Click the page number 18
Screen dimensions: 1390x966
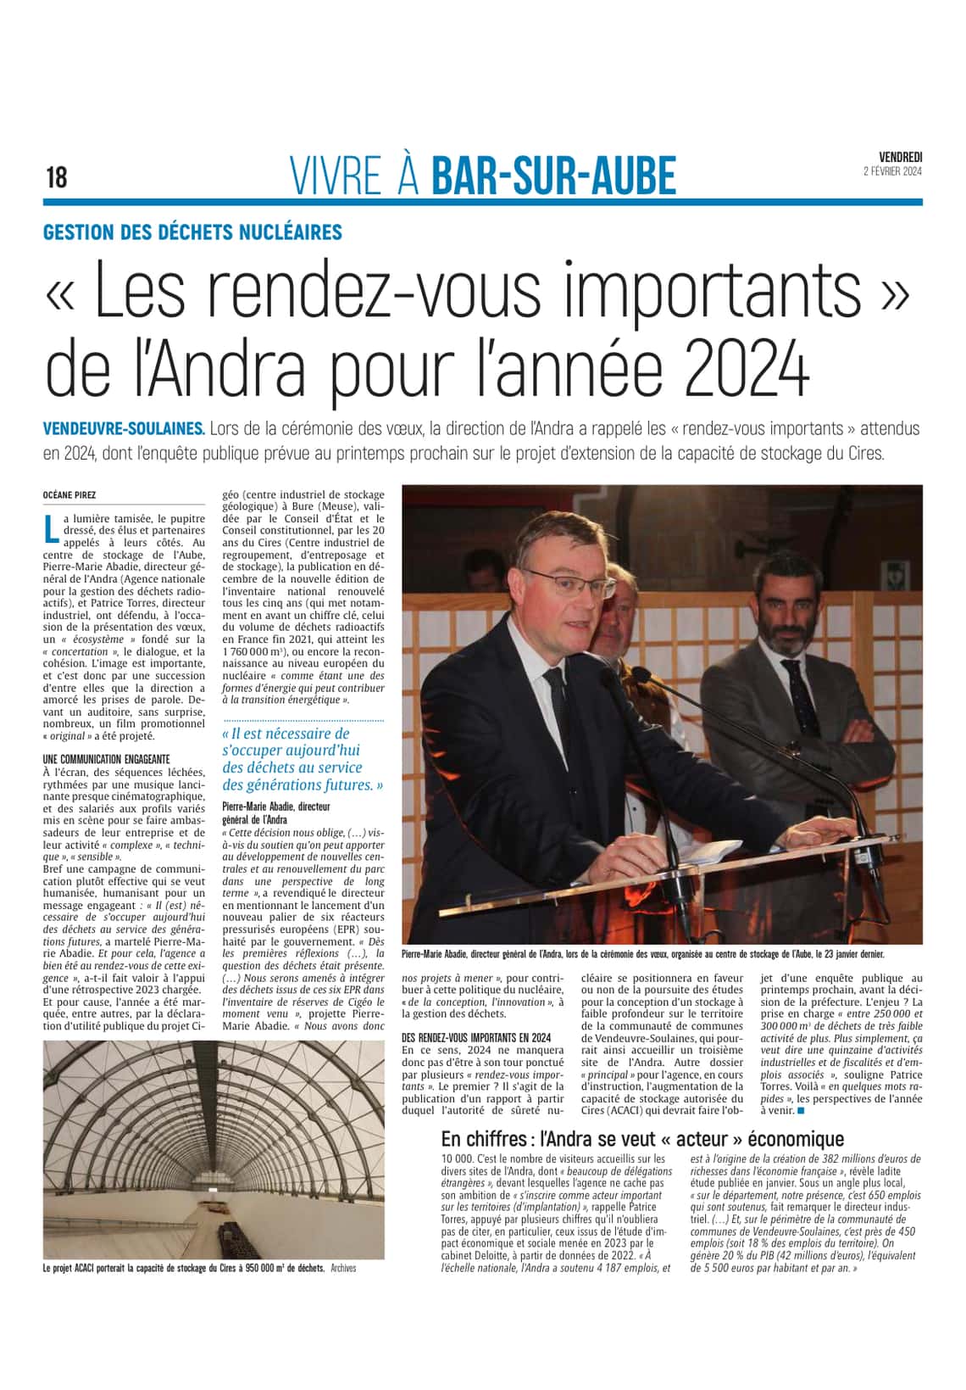click(x=56, y=177)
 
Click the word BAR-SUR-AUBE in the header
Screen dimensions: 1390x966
click(x=554, y=176)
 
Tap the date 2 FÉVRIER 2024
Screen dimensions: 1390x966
click(x=892, y=171)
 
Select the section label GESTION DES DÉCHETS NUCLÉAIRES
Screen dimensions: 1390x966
click(x=193, y=232)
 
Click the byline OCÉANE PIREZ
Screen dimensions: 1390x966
click(x=69, y=494)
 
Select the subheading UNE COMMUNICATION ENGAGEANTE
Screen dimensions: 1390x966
click(x=106, y=758)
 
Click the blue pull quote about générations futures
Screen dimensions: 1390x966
click(x=303, y=759)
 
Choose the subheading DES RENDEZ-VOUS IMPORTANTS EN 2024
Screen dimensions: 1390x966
click(x=476, y=1036)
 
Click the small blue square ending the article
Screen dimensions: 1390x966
click(x=801, y=1108)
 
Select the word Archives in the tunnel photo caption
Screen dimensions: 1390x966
click(x=343, y=1269)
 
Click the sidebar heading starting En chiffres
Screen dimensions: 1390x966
click(x=642, y=1139)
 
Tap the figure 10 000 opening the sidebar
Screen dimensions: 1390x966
click(x=457, y=1158)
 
